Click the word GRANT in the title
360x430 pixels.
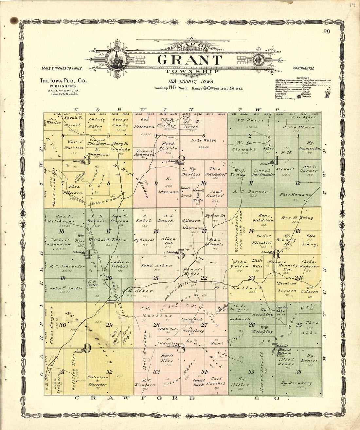pyautogui.click(x=189, y=60)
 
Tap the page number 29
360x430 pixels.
pyautogui.click(x=326, y=31)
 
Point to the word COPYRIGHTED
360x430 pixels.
pyautogui.click(x=303, y=69)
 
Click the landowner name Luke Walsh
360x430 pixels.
pyautogui.click(x=204, y=140)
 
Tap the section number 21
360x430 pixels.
pyautogui.click(x=156, y=278)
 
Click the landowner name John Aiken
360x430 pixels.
pyautogui.click(x=156, y=266)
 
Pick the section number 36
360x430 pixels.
pyautogui.click(x=298, y=372)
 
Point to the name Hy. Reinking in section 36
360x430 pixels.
pyautogui.click(x=296, y=383)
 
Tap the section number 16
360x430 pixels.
pyautogui.click(x=156, y=231)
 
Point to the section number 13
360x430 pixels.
pyautogui.click(x=297, y=231)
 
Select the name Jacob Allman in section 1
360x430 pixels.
pyautogui.click(x=298, y=127)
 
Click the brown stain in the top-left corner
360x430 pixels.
pyautogui.click(x=14, y=21)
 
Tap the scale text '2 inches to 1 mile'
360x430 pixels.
pyautogui.click(x=62, y=69)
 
